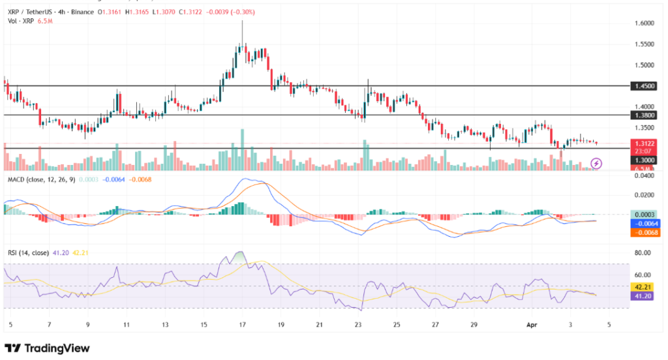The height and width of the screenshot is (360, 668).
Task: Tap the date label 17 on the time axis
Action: tap(243, 324)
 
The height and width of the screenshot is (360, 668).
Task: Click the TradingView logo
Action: tap(47, 348)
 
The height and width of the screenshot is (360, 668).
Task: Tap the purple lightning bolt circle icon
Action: tap(596, 163)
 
